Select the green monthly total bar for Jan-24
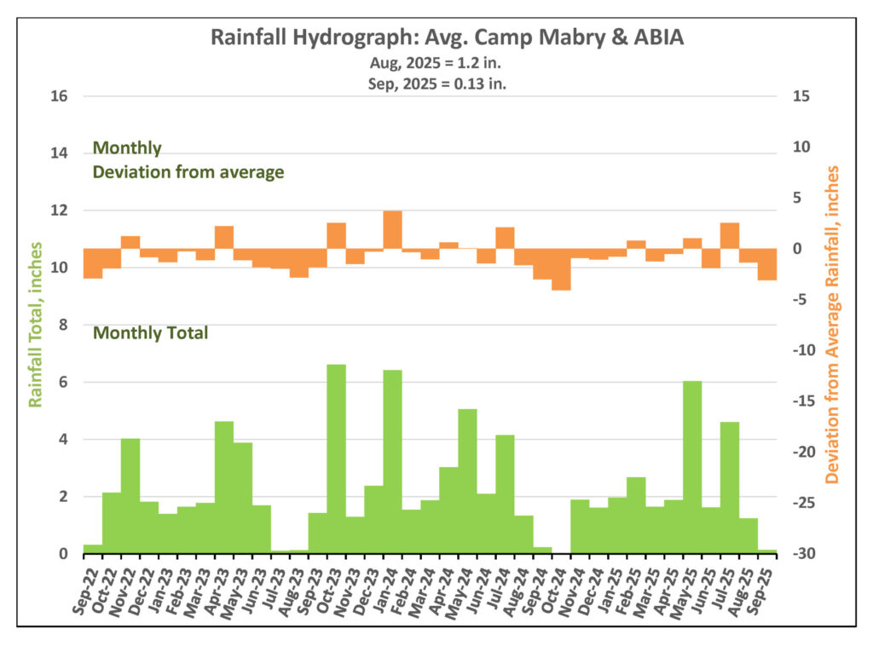[392, 461]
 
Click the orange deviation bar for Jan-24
[392, 230]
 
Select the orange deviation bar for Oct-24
[561, 269]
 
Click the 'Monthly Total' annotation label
[150, 333]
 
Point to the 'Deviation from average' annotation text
[188, 172]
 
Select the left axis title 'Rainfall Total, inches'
[36, 324]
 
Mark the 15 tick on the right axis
[802, 96]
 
